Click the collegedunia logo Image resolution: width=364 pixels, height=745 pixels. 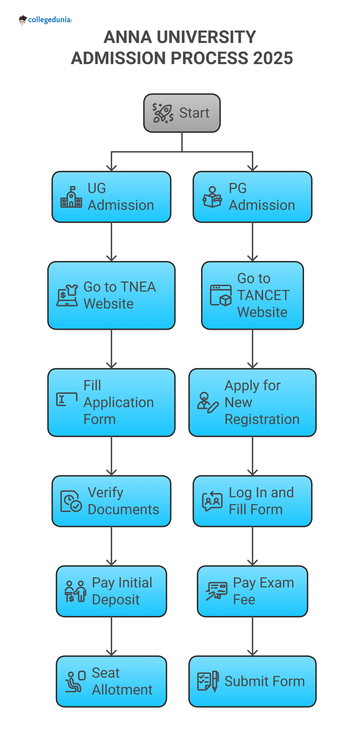coord(45,20)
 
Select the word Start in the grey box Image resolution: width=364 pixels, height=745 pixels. coord(194,113)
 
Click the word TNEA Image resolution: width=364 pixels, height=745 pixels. coord(138,287)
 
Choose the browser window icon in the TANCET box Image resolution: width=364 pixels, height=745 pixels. coord(221,295)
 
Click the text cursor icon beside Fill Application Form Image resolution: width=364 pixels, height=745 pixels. coord(67,399)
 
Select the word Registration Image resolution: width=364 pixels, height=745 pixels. coord(262,419)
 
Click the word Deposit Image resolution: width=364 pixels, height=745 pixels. coord(116,599)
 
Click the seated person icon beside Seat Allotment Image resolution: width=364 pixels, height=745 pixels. coord(75,681)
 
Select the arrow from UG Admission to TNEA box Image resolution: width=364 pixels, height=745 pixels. coord(111,242)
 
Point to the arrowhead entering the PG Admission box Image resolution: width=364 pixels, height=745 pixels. coord(252,168)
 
